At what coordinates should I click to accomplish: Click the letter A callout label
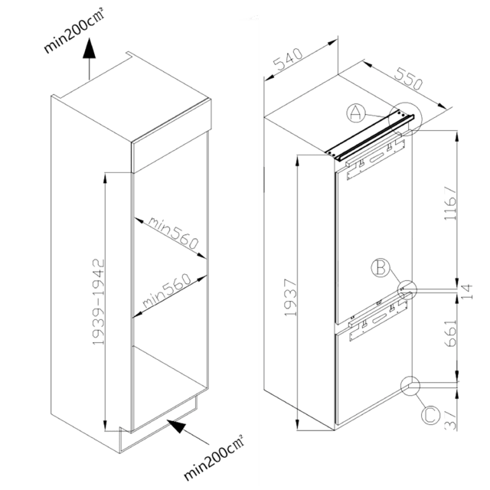[354, 115]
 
